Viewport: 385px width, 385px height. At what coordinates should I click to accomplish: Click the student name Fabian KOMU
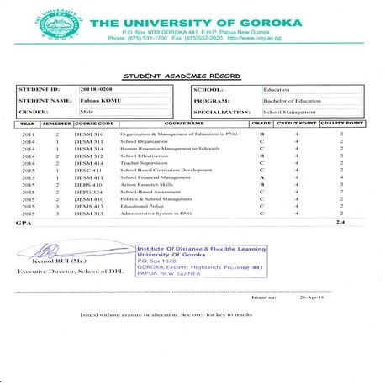[99, 100]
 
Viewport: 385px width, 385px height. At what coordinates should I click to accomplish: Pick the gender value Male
[86, 111]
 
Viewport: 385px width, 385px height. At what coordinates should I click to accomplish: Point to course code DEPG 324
[88, 192]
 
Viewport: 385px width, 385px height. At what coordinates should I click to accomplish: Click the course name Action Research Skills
[148, 185]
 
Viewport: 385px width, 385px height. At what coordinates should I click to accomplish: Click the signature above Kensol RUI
[50, 251]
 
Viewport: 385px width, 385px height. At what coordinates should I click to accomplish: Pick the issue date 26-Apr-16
[311, 298]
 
